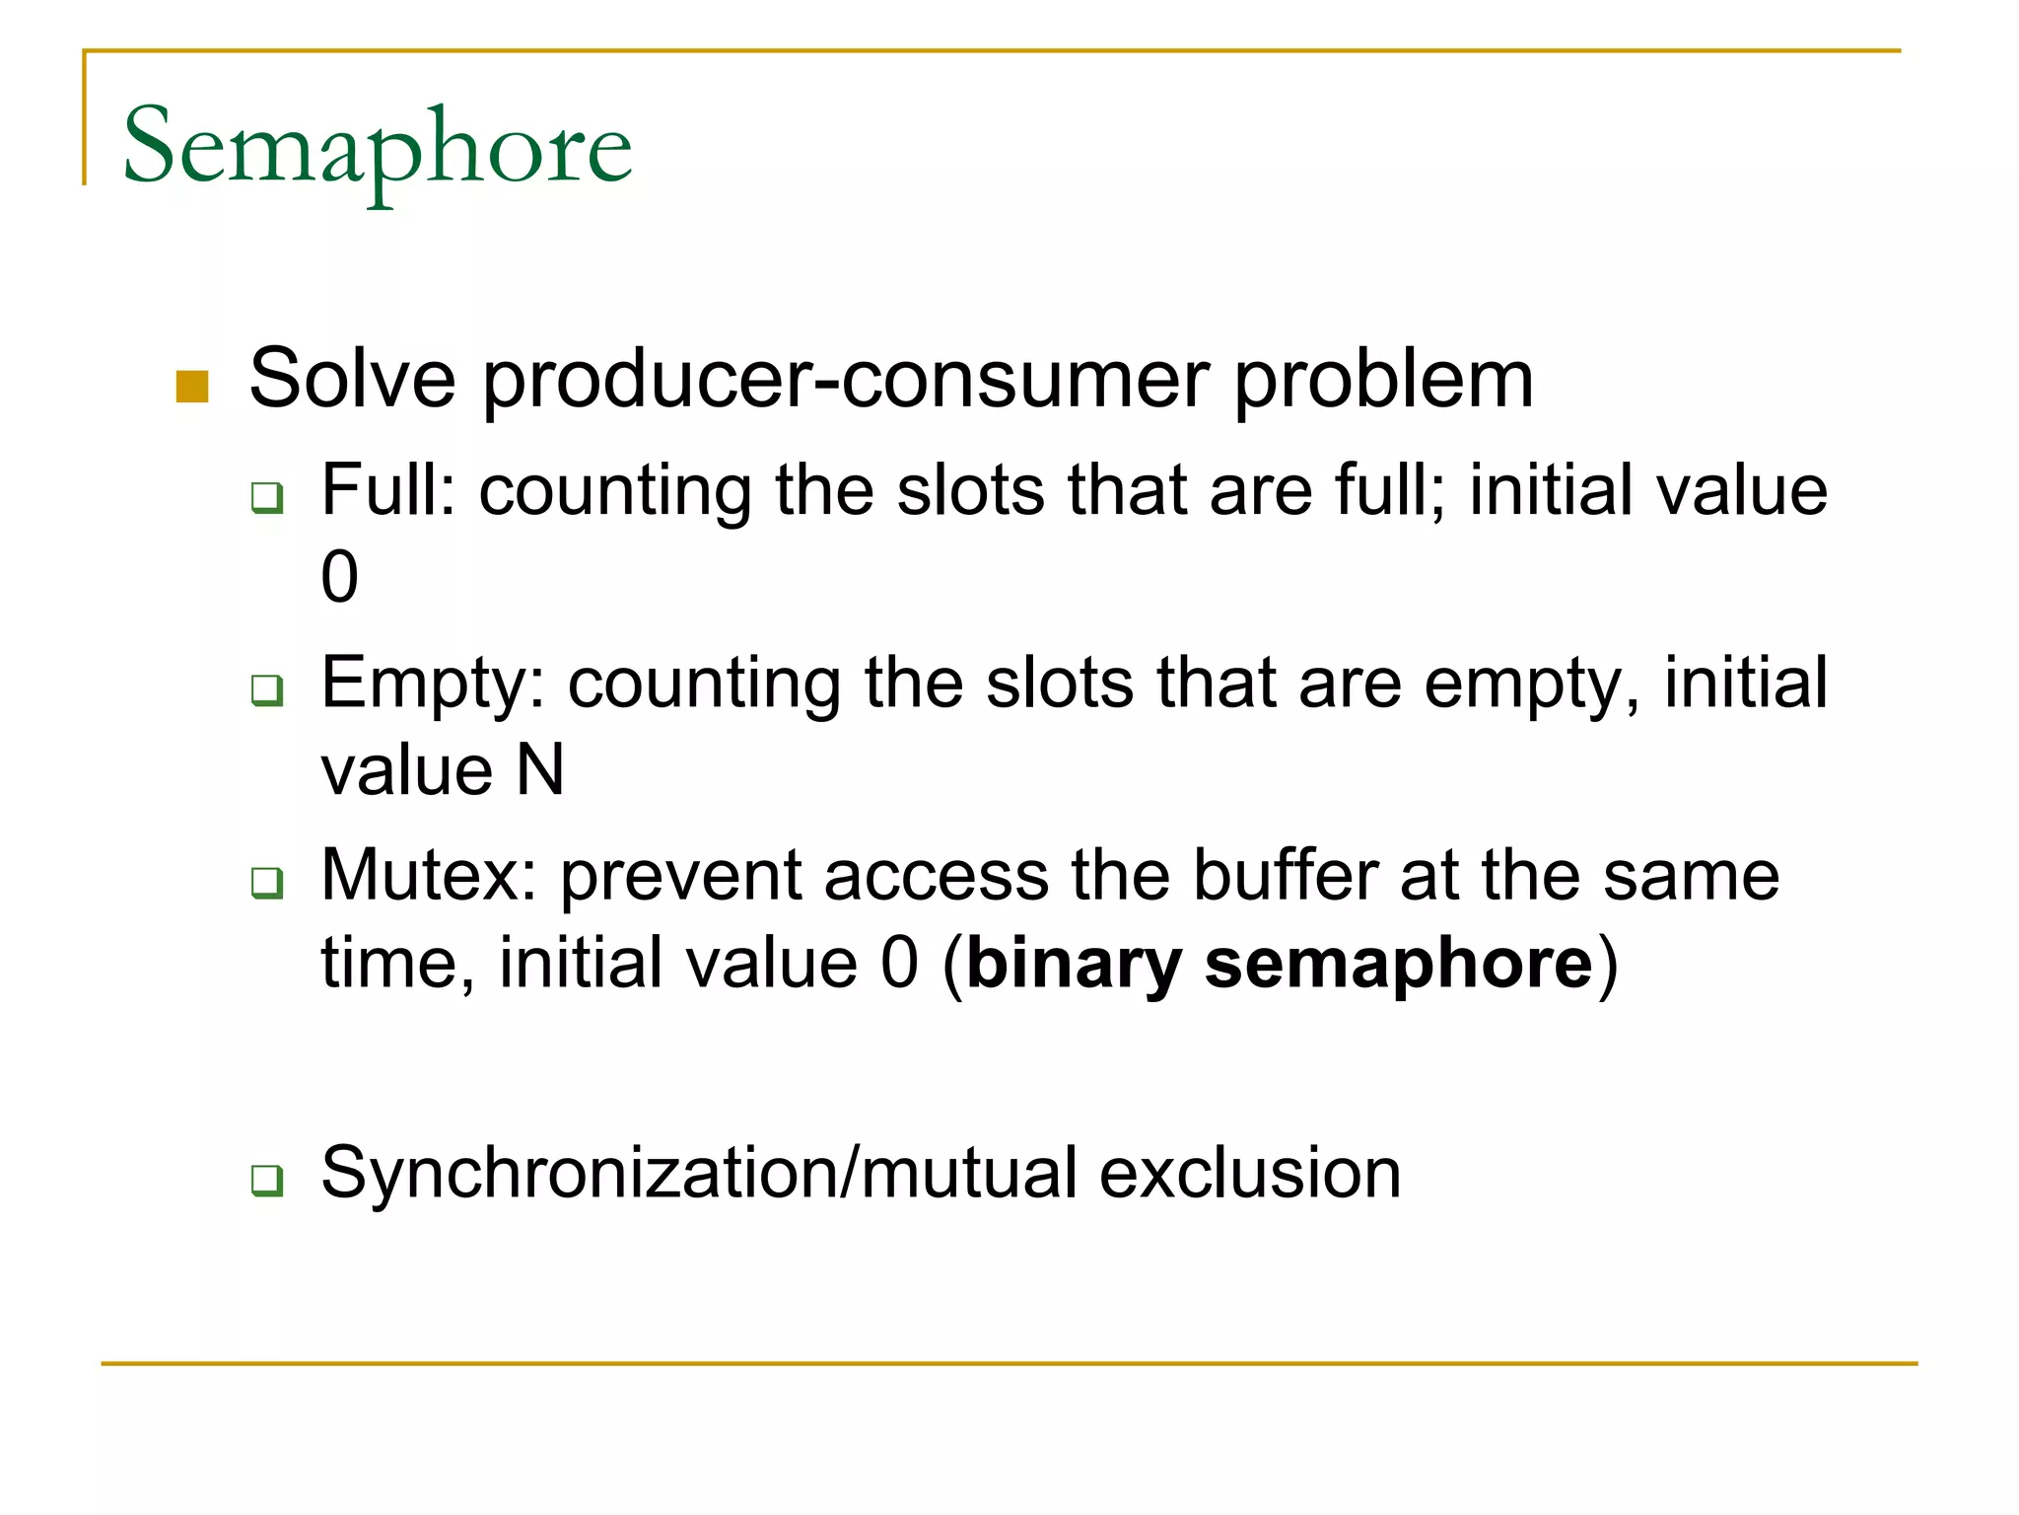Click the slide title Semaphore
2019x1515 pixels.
(x=377, y=148)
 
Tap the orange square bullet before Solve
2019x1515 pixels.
(x=192, y=387)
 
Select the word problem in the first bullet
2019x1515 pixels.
(x=1383, y=380)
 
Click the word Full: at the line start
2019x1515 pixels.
(x=388, y=490)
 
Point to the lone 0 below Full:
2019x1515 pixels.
(x=339, y=577)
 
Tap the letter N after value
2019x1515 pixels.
(x=540, y=770)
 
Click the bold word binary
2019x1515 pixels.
(x=1074, y=964)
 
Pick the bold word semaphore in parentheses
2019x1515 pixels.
(x=1398, y=964)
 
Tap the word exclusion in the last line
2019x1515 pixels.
(x=1250, y=1174)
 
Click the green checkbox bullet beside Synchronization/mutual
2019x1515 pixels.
(x=267, y=1180)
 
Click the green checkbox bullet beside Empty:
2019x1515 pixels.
(x=267, y=689)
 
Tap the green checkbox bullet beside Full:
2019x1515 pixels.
(x=267, y=497)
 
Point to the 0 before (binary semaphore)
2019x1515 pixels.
(x=899, y=964)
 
